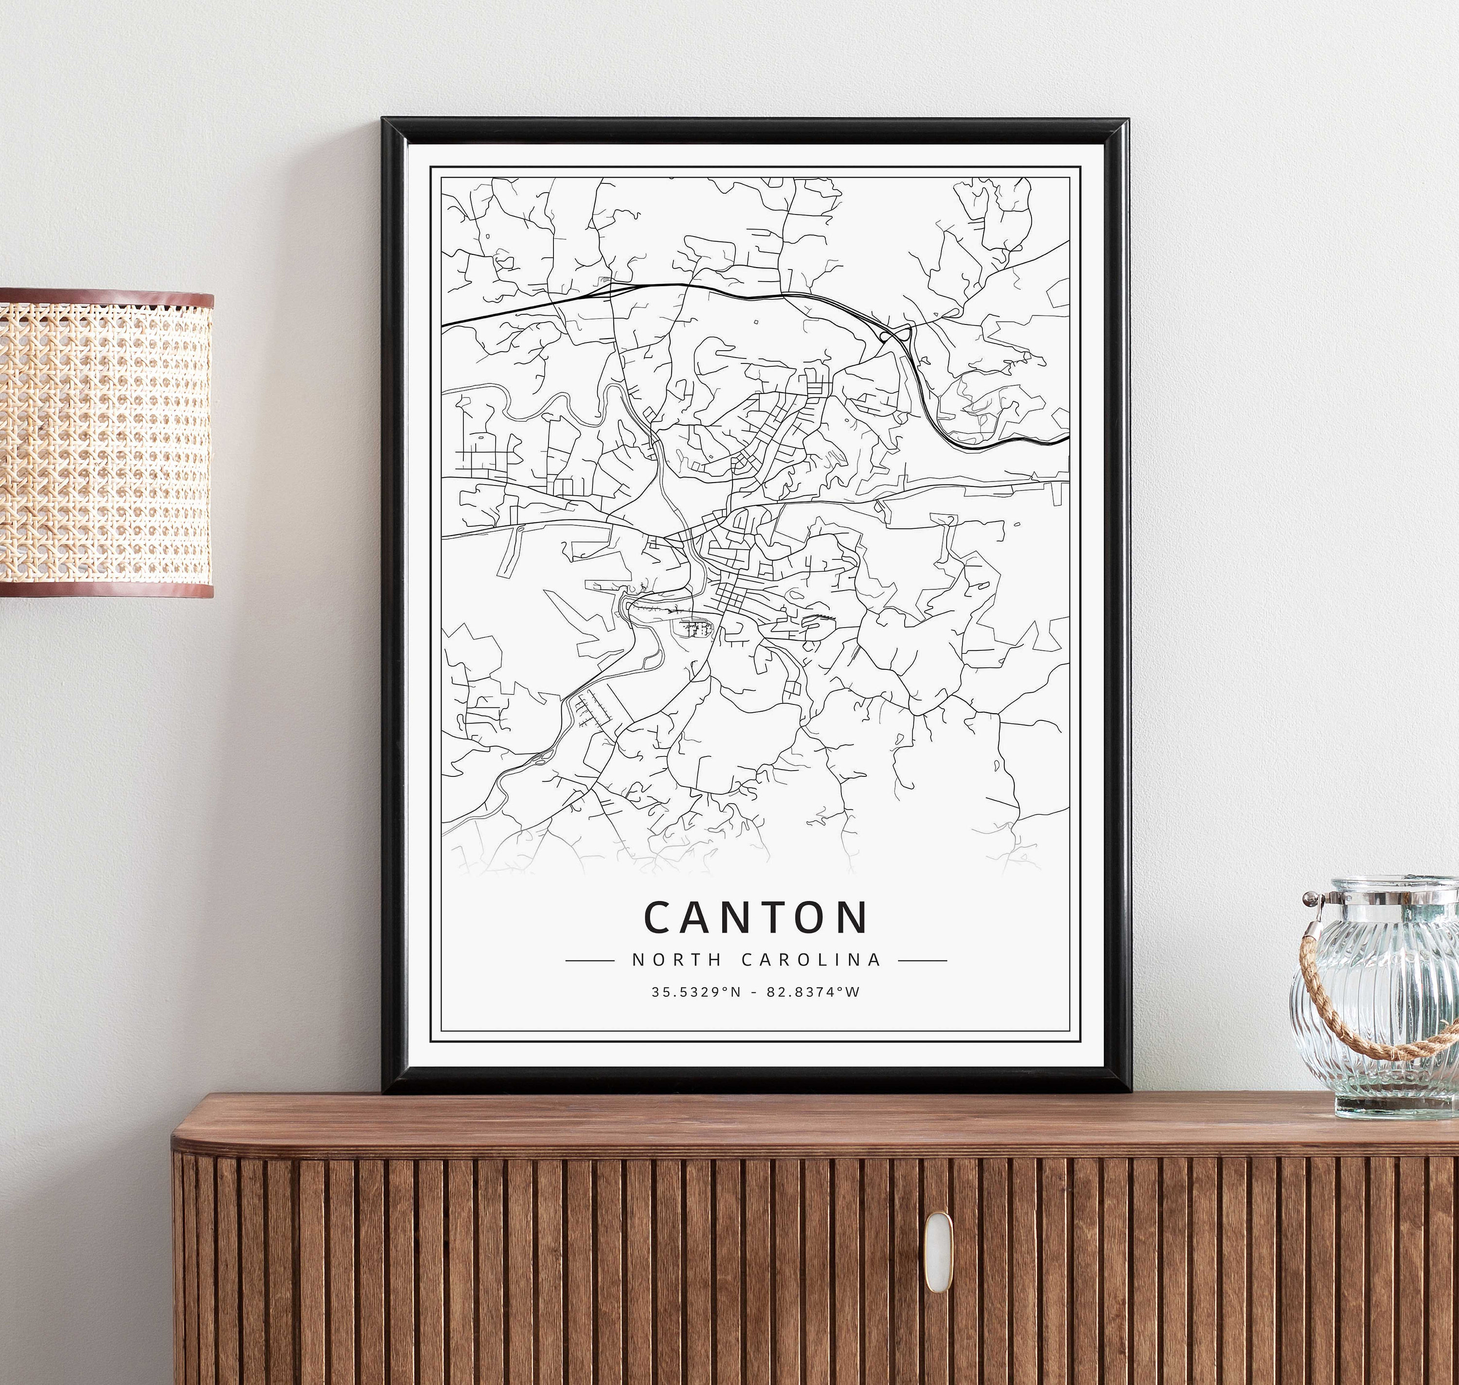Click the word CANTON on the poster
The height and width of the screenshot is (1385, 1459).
(756, 917)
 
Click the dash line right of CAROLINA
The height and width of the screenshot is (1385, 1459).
(923, 960)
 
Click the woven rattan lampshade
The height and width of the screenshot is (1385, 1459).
(106, 443)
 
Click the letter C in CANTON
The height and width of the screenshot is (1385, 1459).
(659, 917)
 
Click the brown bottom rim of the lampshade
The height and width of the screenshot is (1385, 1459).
(106, 589)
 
